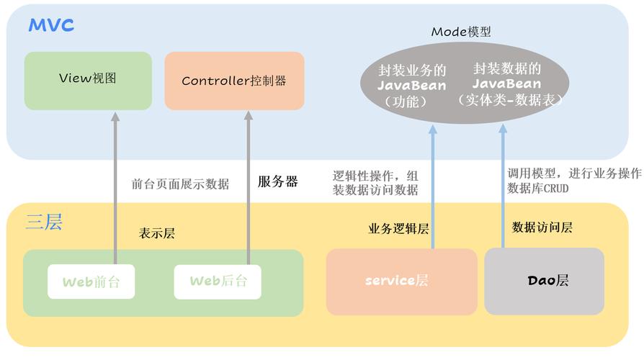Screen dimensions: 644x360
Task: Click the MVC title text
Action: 51,25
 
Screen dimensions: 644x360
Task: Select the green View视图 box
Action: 88,81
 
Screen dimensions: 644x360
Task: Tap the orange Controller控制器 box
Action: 234,81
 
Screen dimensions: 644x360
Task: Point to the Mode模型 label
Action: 461,32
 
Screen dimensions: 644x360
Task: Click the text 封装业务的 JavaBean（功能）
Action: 411,86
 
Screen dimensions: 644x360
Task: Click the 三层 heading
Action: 44,222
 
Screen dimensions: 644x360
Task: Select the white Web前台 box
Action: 91,282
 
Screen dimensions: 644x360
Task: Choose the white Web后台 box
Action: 218,282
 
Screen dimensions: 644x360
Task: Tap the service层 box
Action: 402,282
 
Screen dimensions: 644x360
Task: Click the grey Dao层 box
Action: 544,282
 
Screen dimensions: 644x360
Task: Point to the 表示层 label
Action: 157,233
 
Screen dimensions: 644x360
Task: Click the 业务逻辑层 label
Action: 398,229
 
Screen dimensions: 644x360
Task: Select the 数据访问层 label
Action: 542,227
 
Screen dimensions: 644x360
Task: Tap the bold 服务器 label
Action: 277,181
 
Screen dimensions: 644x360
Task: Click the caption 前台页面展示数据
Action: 180,184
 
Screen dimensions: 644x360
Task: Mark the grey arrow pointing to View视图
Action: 115,188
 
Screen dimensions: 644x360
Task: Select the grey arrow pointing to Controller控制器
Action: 248,188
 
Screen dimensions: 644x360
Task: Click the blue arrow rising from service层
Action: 432,186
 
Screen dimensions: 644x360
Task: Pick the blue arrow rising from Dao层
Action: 503,186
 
